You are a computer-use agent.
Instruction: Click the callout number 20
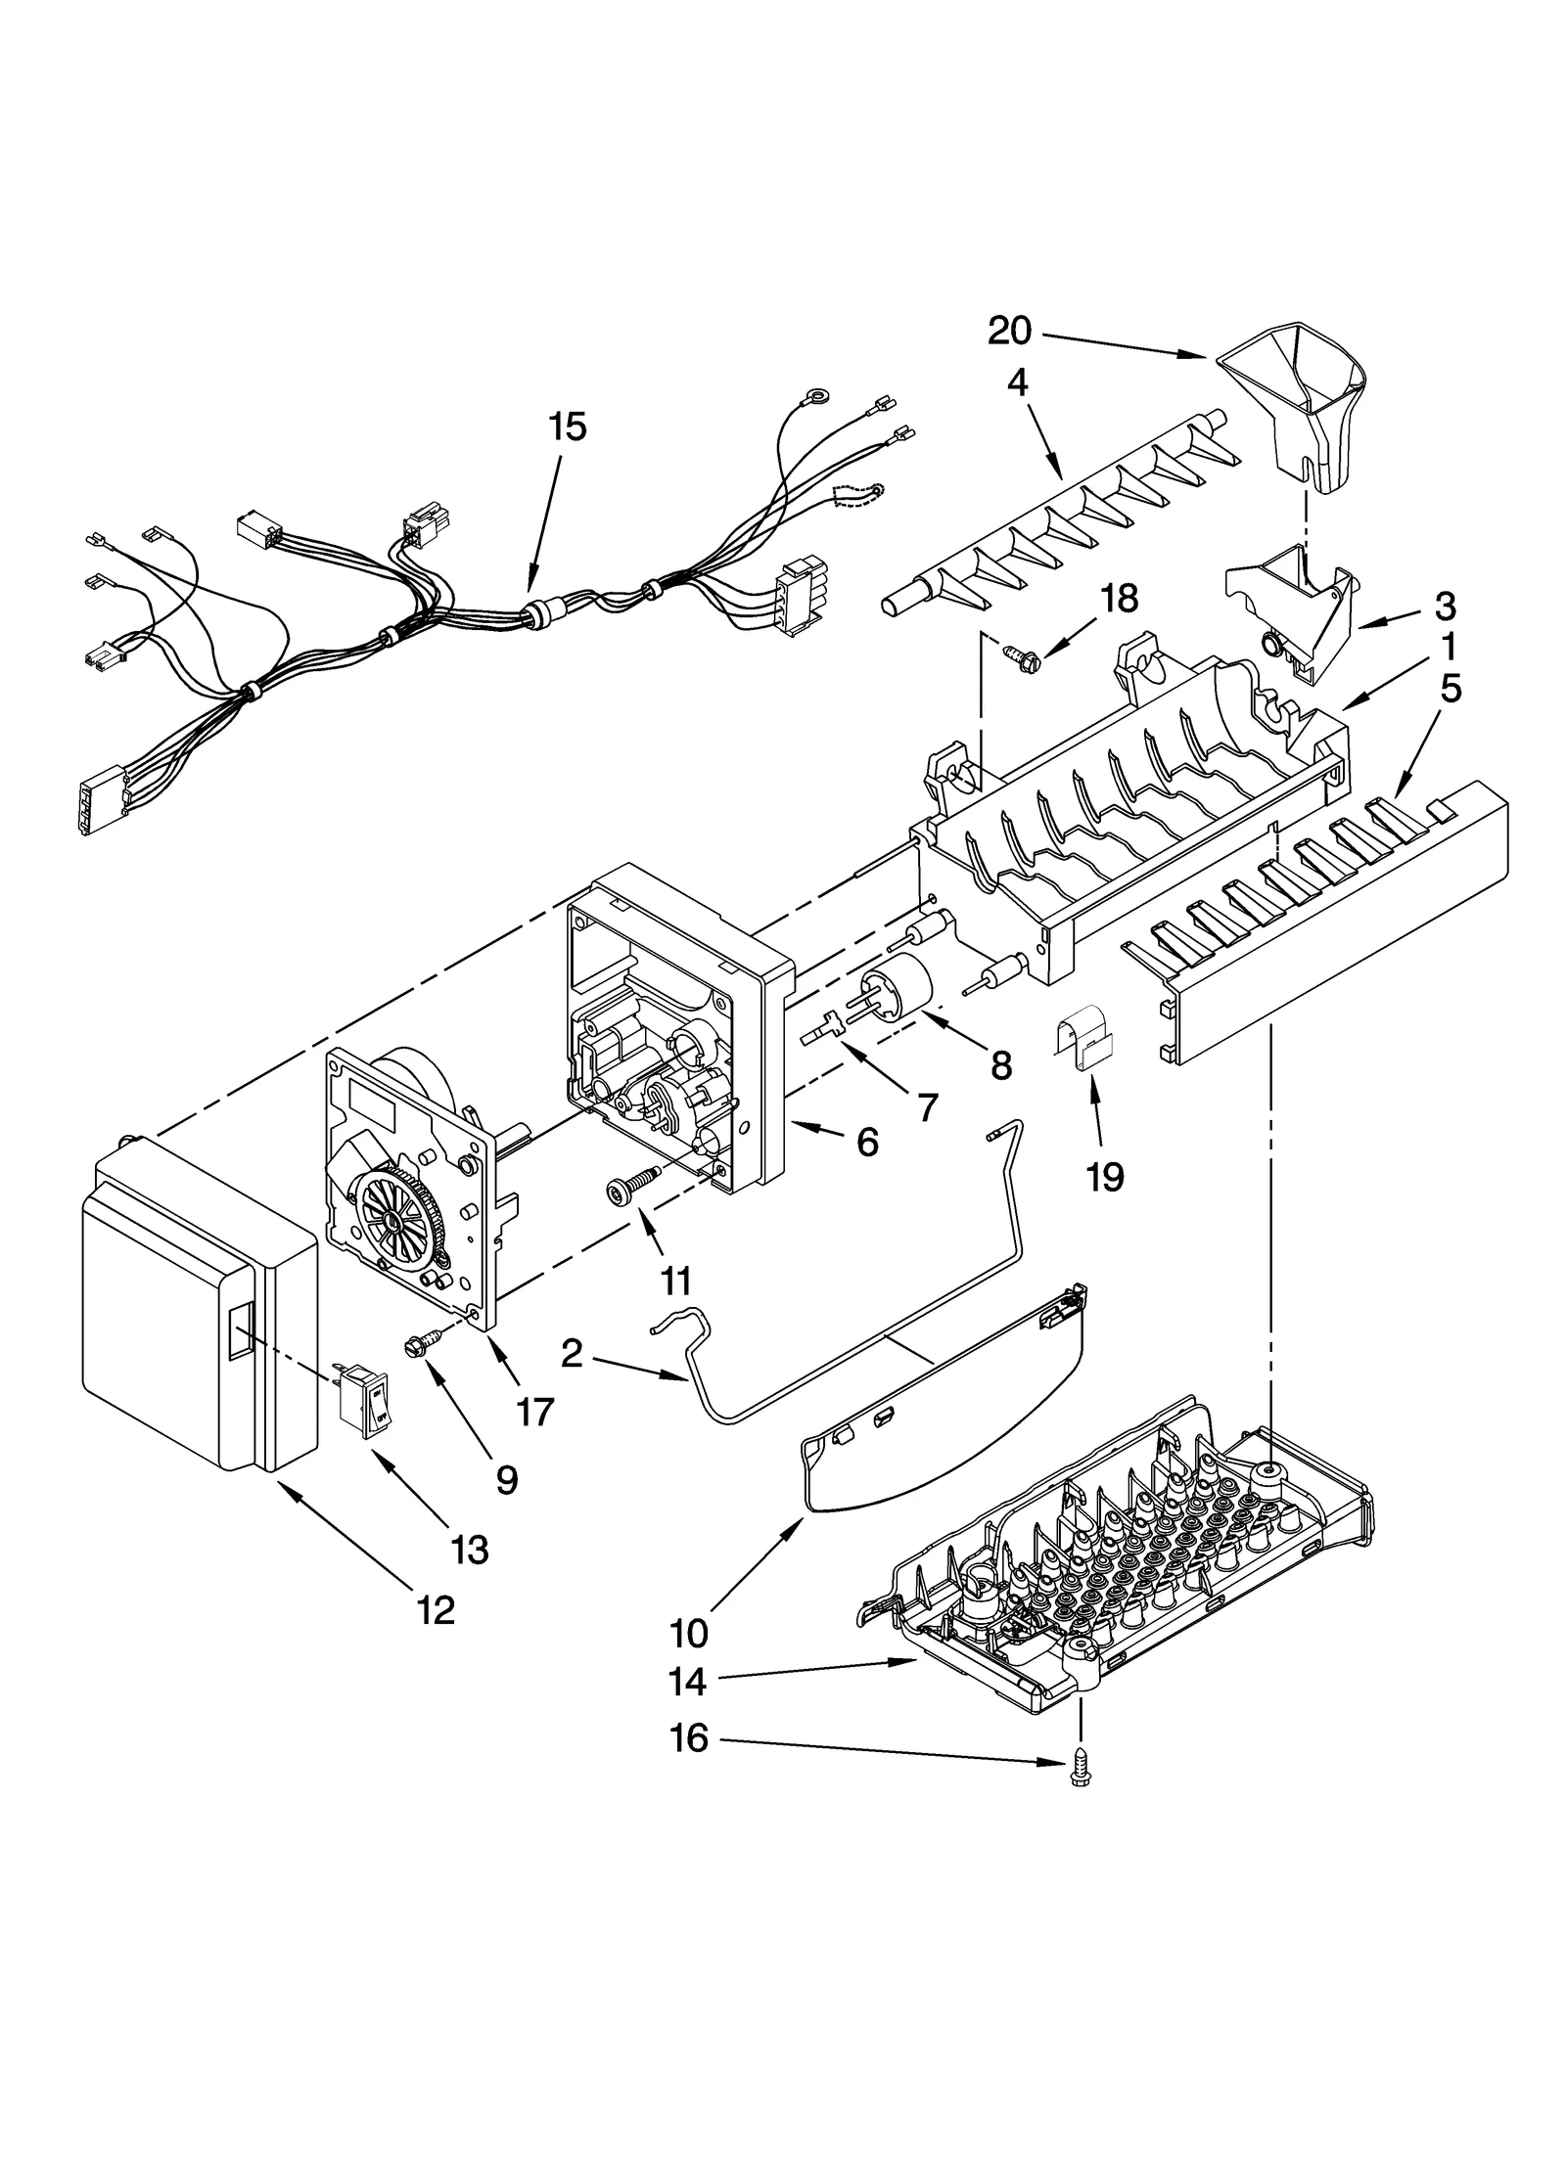tap(1009, 332)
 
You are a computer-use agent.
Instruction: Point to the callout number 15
tap(567, 428)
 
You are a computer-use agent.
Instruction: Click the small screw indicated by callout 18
tap(1018, 651)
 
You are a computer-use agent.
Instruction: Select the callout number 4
tap(1017, 383)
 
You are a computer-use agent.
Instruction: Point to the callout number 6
tap(867, 1142)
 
